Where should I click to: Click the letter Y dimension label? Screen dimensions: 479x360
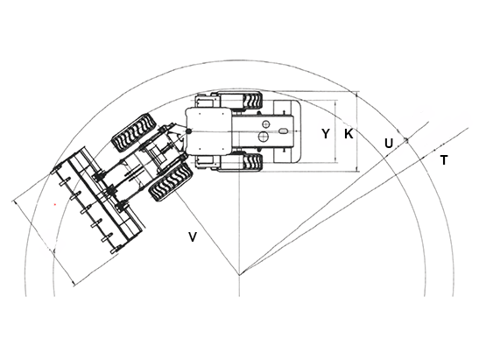(x=326, y=133)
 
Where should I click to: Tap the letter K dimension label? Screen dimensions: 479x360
(x=349, y=133)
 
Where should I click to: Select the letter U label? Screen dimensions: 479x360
(x=388, y=144)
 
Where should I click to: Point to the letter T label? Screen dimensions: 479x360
(x=444, y=160)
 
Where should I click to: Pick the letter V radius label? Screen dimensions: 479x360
(x=193, y=237)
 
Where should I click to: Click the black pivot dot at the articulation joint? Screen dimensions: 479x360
(x=188, y=131)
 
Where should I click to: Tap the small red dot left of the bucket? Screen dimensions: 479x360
(x=55, y=204)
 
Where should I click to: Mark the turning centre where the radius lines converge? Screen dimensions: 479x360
(x=239, y=275)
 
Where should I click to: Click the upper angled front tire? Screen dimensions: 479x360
(x=134, y=133)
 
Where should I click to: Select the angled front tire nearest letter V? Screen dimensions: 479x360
(x=170, y=181)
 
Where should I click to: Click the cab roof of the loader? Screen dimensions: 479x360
(x=209, y=131)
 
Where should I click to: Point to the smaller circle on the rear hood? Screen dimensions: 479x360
(x=266, y=124)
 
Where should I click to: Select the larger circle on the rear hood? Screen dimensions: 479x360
(x=264, y=137)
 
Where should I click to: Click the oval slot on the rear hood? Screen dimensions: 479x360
(x=284, y=131)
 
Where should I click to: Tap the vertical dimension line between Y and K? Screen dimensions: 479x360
(x=335, y=131)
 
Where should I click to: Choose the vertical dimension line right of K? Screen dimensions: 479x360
(x=356, y=131)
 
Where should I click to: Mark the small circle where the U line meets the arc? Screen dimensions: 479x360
(x=406, y=140)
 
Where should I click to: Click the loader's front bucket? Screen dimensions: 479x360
(x=98, y=201)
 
